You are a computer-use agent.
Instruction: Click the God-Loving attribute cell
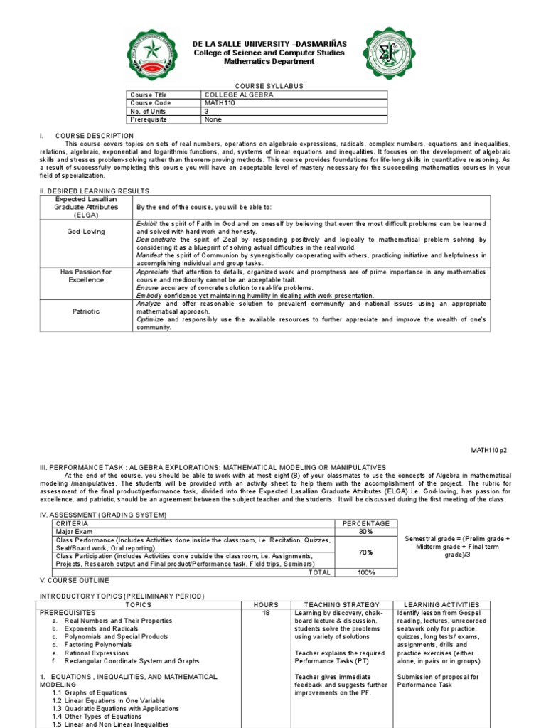click(85, 232)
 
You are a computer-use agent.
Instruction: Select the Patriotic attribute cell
click(85, 311)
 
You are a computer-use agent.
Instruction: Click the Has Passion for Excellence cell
click(85, 276)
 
